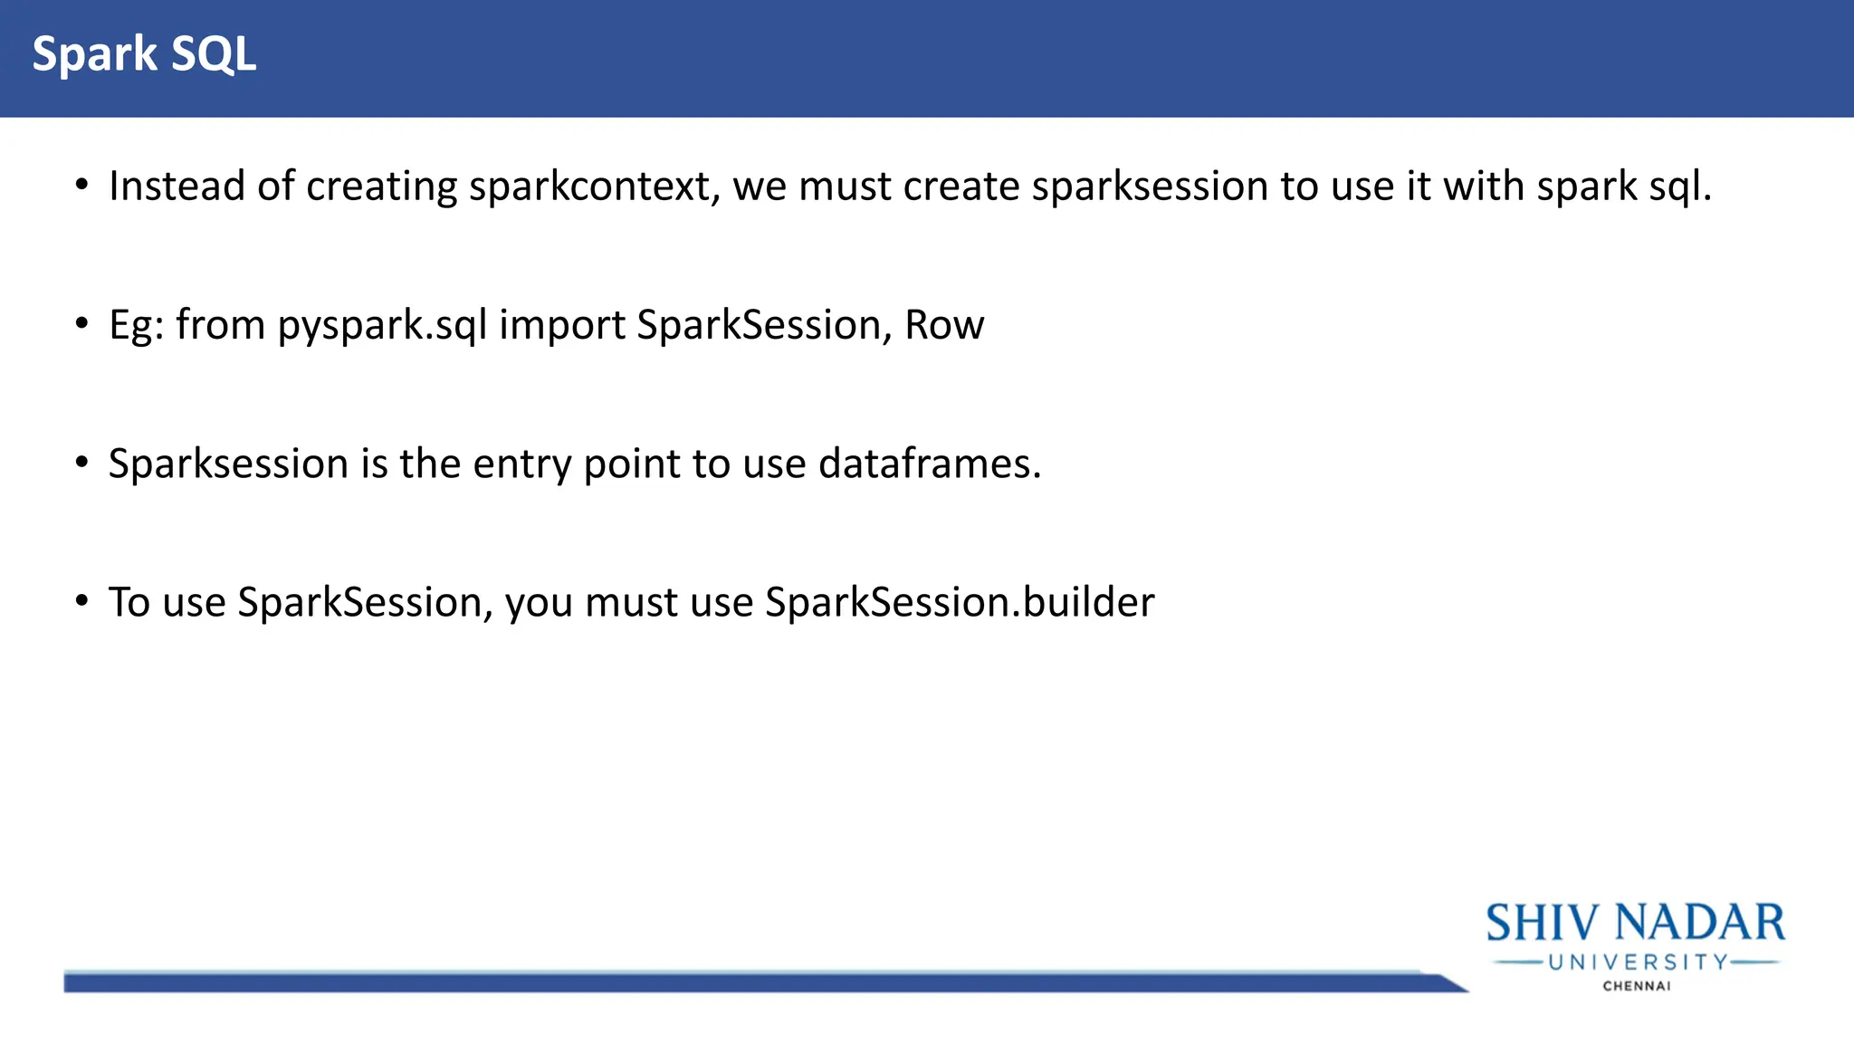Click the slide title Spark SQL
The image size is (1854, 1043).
tap(144, 54)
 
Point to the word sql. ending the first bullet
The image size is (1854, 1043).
tap(1680, 187)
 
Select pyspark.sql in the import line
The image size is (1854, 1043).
tap(382, 325)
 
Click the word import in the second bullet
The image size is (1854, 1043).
tap(561, 325)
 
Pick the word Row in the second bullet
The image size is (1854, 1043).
tap(944, 325)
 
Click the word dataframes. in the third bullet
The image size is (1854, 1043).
tap(930, 464)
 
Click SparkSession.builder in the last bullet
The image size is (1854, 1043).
tap(960, 602)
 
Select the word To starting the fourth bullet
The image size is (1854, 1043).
tap(129, 602)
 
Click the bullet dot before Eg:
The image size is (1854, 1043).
tap(82, 323)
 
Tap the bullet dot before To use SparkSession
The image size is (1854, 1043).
tap(82, 600)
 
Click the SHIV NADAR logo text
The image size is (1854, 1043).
tap(1635, 923)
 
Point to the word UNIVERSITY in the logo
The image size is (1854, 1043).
tap(1638, 962)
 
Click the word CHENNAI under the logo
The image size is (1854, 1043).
tap(1637, 986)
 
